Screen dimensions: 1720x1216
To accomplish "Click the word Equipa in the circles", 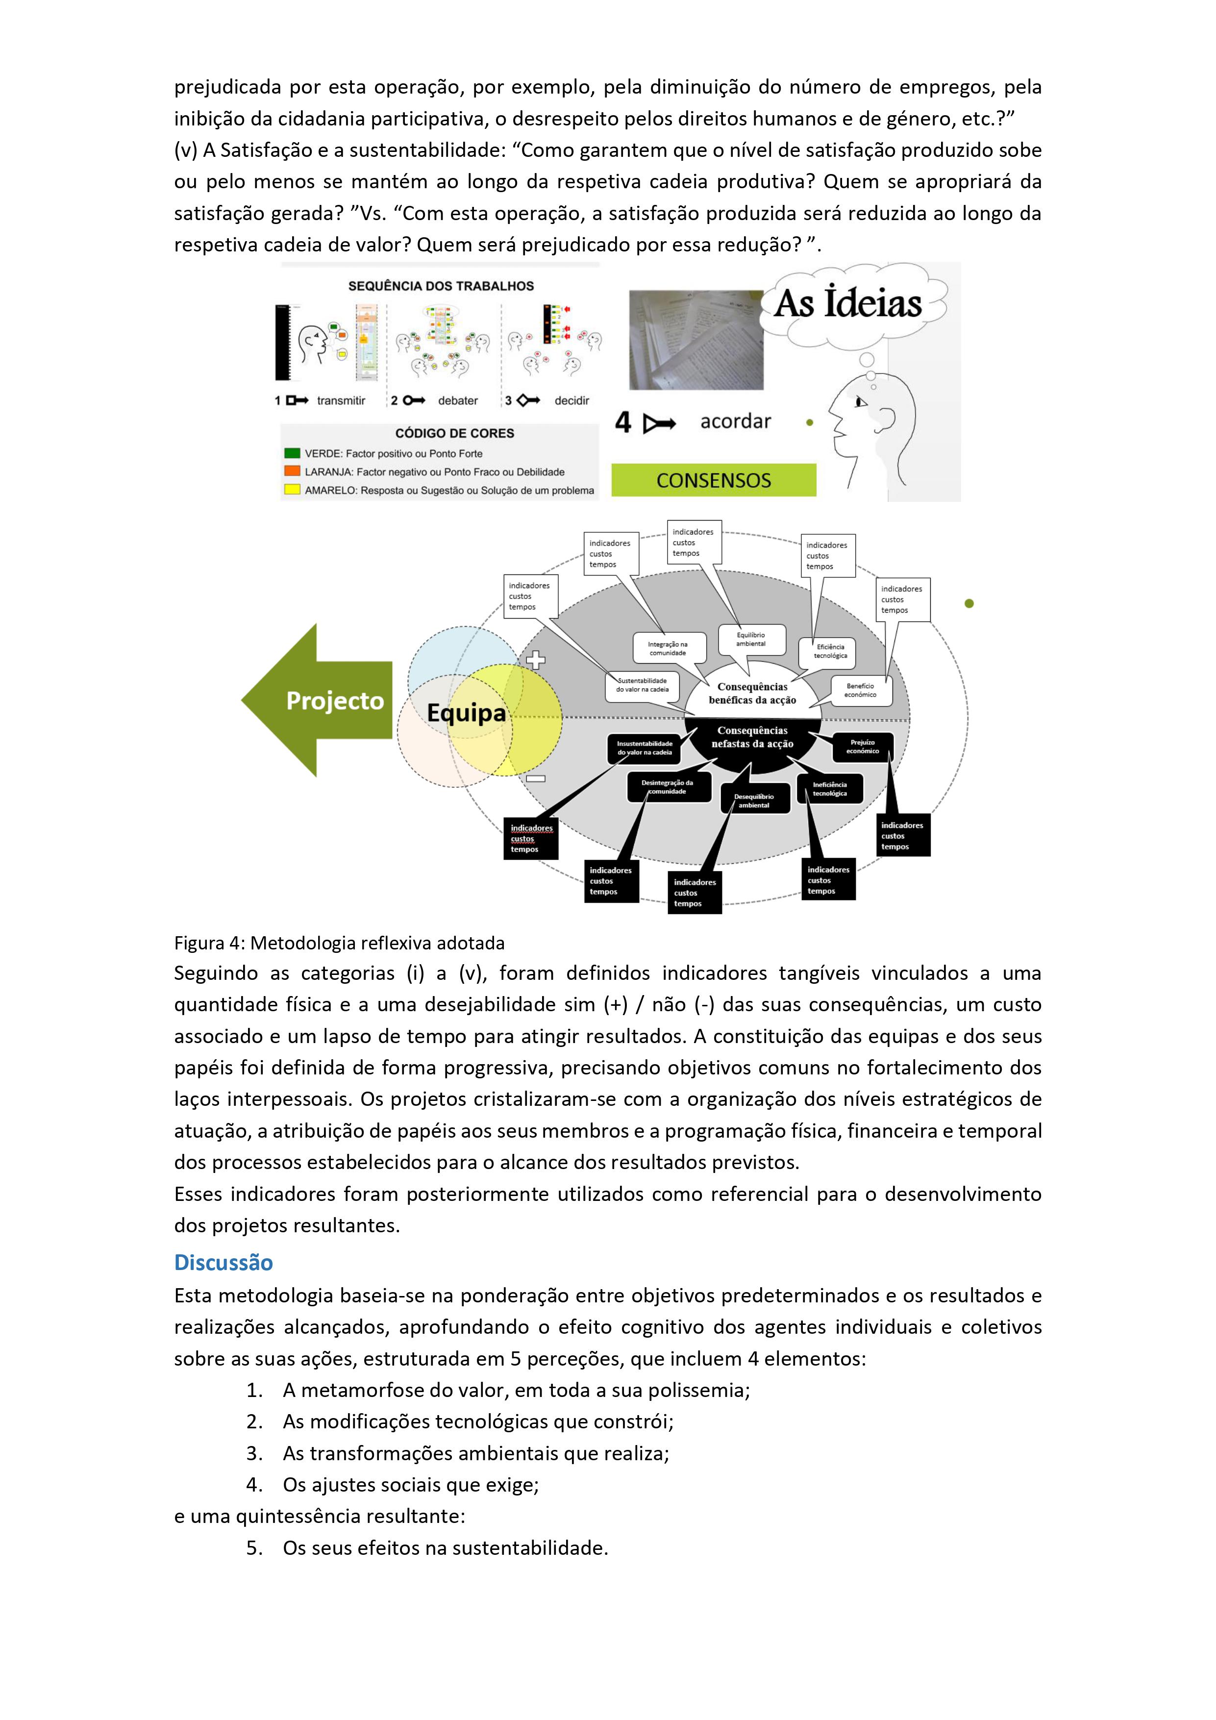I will point(466,712).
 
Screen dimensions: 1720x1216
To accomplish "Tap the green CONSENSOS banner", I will point(713,480).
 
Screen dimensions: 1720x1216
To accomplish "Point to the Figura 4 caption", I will point(339,943).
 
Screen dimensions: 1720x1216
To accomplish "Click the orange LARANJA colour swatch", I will point(292,471).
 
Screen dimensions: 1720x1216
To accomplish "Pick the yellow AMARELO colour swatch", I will point(292,490).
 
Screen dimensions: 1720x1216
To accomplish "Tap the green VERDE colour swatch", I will point(292,453).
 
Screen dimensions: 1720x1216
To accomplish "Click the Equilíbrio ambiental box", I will point(751,639).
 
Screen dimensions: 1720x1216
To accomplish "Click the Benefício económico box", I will point(860,690).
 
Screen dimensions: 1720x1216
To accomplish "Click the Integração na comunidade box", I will point(668,648).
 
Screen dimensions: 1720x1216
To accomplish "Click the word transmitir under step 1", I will point(341,401).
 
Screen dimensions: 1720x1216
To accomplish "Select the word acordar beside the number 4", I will point(735,422).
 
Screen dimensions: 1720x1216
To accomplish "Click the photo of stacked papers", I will point(695,340).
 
